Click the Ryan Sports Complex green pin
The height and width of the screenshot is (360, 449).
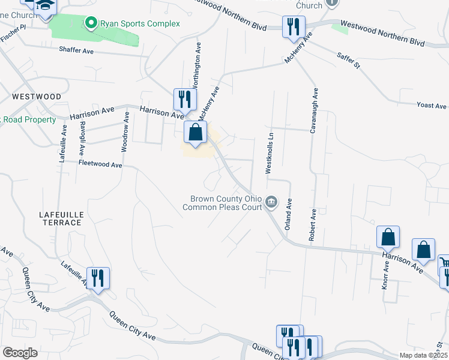tap(91, 23)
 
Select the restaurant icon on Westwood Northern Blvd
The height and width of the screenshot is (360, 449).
tap(294, 27)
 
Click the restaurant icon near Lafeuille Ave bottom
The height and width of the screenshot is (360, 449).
tap(98, 278)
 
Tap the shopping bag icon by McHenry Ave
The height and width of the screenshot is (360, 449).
tap(196, 133)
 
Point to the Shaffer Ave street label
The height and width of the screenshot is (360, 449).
tap(76, 52)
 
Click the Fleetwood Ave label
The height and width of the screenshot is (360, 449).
tap(100, 164)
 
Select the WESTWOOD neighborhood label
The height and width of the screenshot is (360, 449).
tap(36, 97)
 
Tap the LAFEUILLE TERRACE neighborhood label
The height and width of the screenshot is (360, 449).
tap(60, 218)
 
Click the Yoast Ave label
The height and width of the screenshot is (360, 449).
tap(432, 106)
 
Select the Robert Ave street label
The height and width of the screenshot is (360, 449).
tap(312, 225)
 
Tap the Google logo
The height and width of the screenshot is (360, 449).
tap(20, 353)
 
